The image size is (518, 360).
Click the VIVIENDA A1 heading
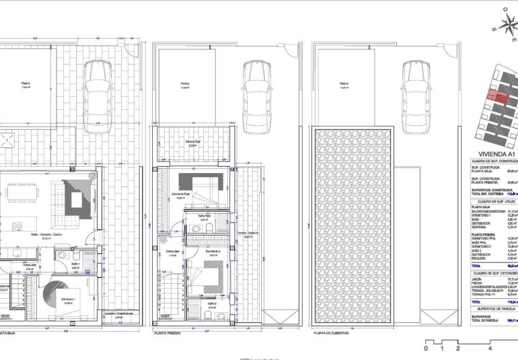click(x=492, y=154)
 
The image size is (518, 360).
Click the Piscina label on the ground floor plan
click(x=26, y=85)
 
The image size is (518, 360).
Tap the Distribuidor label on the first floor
click(x=172, y=252)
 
